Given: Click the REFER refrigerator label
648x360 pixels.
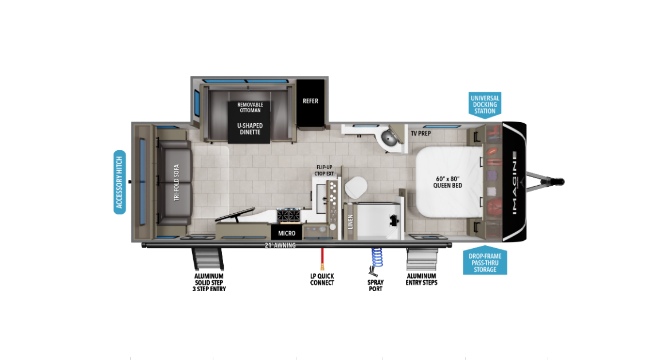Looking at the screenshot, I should click(310, 101).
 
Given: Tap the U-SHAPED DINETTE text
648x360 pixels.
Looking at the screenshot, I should click(249, 128).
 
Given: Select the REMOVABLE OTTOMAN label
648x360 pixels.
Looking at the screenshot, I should click(250, 107).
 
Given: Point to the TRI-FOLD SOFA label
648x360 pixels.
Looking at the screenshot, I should click(177, 183).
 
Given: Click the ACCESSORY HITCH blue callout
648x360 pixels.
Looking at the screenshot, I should click(119, 182).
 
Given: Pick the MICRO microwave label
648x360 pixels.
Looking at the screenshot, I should click(287, 233).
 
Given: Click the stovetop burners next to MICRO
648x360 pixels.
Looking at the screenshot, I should click(288, 216).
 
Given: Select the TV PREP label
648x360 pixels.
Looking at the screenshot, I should click(420, 133).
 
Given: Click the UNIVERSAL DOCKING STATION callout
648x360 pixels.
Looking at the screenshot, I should click(485, 104).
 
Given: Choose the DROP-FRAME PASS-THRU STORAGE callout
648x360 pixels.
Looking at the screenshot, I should click(485, 262).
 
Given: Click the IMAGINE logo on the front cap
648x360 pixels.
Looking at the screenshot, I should click(514, 182).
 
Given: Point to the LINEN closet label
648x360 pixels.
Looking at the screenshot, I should click(350, 222).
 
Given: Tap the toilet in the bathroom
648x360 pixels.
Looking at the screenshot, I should click(356, 186).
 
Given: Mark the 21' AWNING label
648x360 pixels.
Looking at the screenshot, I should click(280, 245).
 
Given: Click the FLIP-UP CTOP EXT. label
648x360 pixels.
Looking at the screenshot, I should click(324, 170).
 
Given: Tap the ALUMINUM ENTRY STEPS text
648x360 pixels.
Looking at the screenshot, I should click(421, 279).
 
